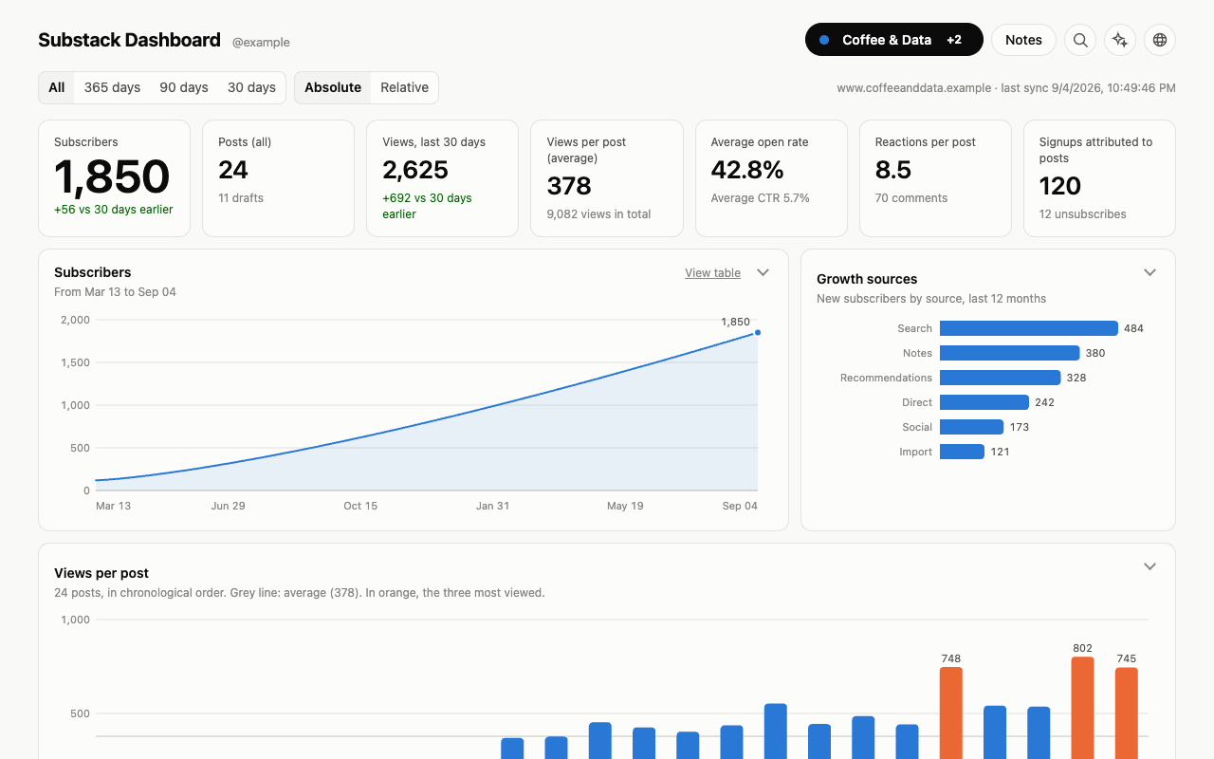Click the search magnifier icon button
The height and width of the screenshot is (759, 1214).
coord(1080,40)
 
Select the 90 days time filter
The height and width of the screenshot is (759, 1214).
coord(184,87)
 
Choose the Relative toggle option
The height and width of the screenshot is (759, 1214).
coord(404,87)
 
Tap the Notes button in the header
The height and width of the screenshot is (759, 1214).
coord(1023,40)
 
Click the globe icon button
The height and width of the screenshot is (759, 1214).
coord(1159,40)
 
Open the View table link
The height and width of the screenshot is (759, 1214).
coord(712,272)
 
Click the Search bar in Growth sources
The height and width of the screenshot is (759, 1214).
coord(1029,328)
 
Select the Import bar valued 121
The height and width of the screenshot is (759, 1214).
coord(962,452)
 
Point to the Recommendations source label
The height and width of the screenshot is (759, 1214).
coord(886,378)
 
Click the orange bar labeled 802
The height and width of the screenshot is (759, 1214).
coord(1082,708)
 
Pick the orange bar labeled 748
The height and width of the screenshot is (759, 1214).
coord(950,713)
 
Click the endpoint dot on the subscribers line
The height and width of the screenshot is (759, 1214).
coord(758,332)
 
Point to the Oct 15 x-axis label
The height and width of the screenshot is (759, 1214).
coord(360,506)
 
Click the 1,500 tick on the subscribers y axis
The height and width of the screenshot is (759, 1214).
coord(75,362)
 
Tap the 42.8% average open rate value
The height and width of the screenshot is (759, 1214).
coord(746,170)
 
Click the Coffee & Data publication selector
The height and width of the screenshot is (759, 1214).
coord(893,40)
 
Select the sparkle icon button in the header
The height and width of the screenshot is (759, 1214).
coord(1120,40)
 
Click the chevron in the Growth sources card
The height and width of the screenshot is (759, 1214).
coord(1150,272)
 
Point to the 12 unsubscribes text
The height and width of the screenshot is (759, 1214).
coord(1082,214)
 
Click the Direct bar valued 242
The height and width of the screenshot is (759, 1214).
coord(984,402)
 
